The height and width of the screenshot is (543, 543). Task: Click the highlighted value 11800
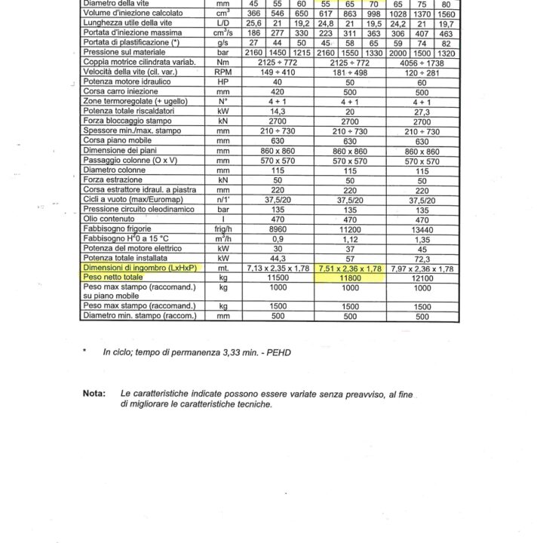tap(348, 278)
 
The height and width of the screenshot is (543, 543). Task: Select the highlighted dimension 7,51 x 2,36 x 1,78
tap(348, 268)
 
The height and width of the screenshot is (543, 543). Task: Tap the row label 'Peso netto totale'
tap(114, 278)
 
